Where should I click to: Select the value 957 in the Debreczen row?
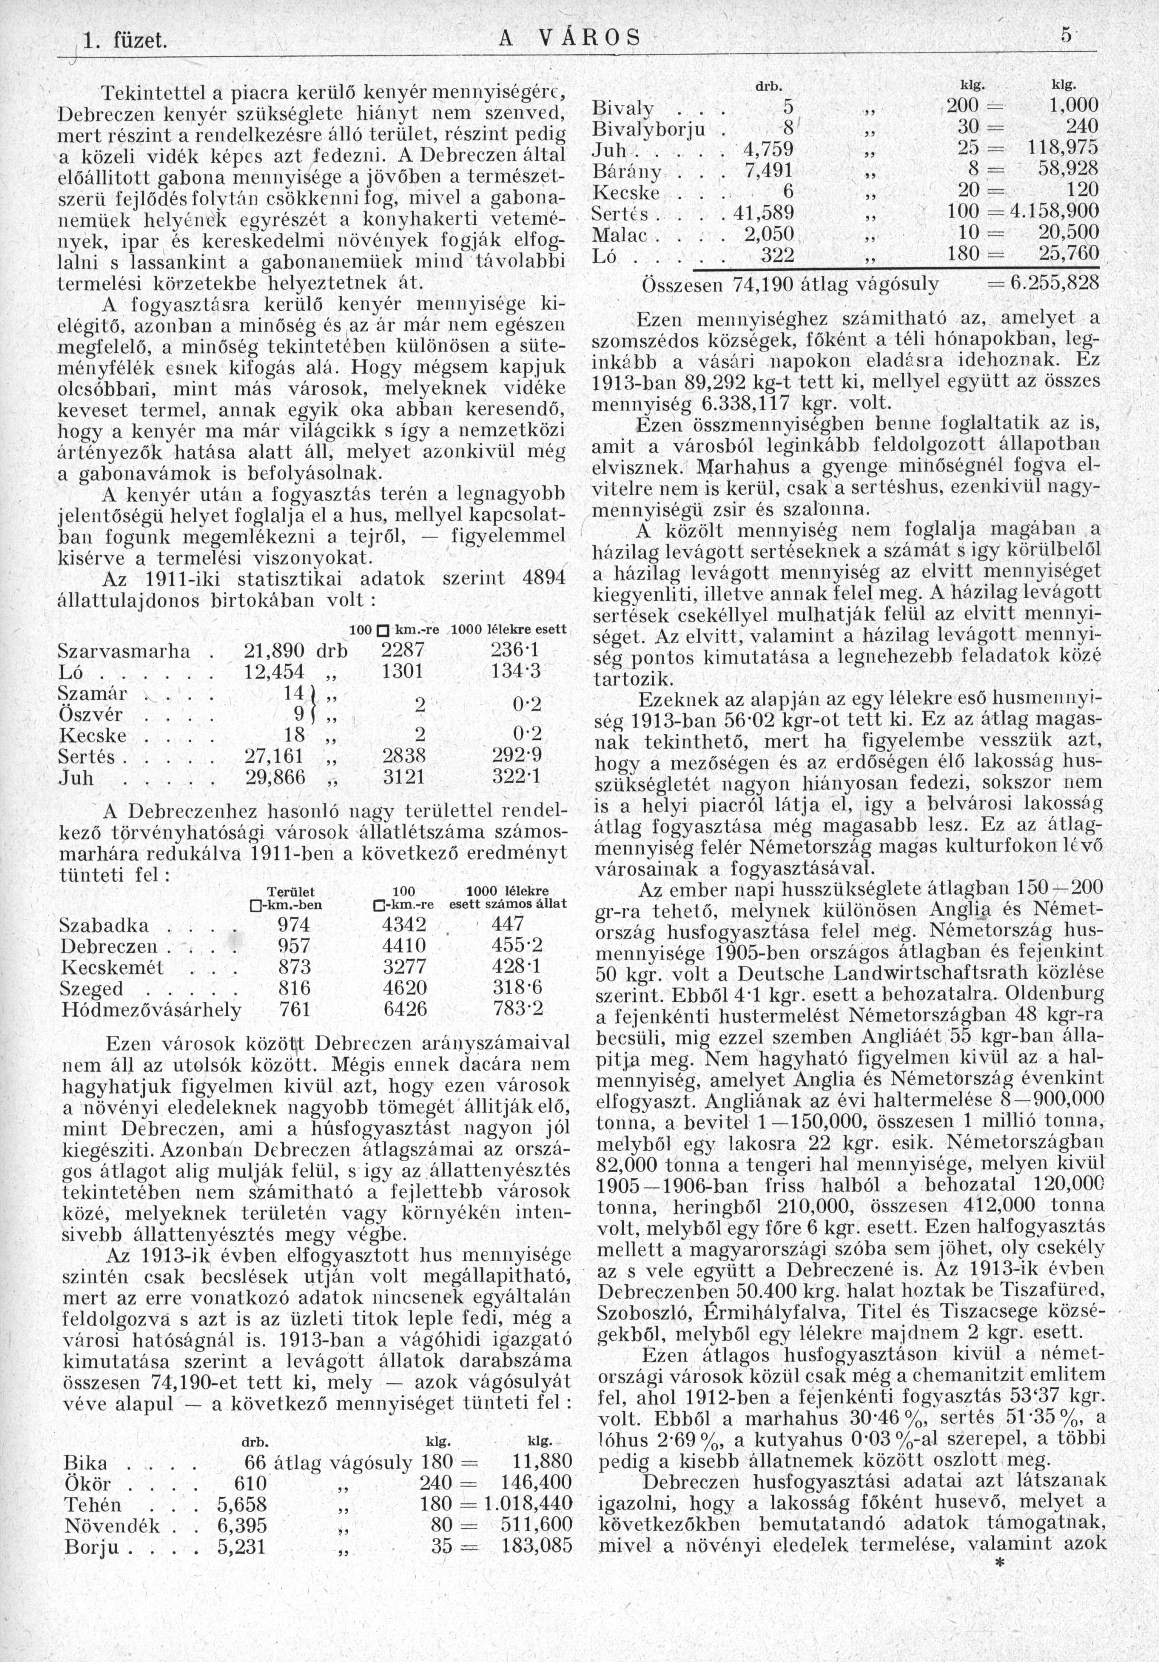point(294,947)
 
